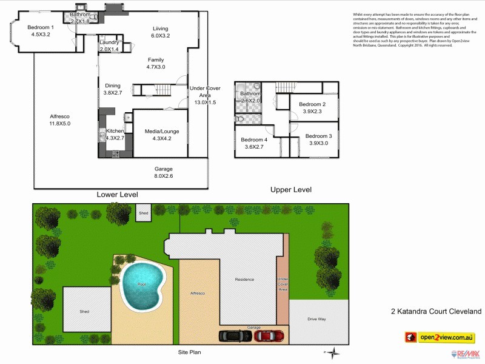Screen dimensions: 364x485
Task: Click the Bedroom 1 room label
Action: [41, 27]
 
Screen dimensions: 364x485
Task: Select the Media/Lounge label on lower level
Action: [162, 131]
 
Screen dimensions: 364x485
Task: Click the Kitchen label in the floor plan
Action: [115, 131]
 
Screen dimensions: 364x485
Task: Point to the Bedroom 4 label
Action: [254, 140]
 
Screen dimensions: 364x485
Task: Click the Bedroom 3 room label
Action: [318, 136]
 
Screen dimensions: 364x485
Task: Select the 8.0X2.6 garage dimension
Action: [164, 177]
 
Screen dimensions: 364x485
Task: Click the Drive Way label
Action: [317, 318]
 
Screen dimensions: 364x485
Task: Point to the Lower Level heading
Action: [118, 195]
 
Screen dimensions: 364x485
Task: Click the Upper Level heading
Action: [291, 190]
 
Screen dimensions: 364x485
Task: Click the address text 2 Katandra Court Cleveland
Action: [436, 311]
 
